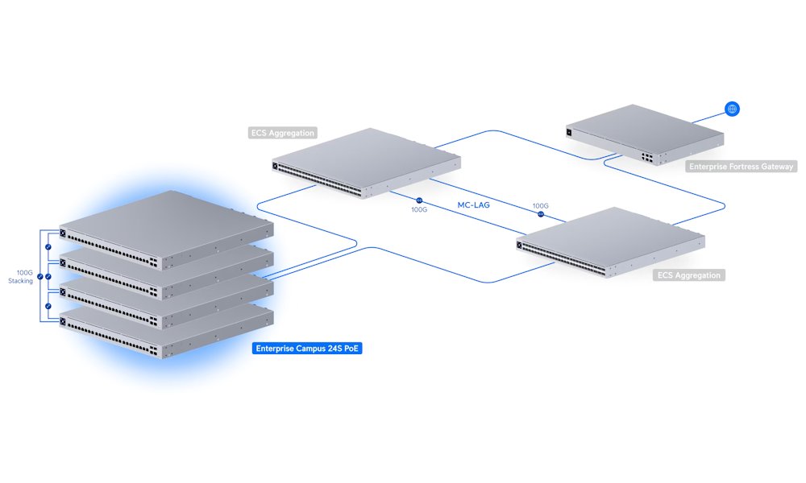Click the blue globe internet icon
[x=732, y=109]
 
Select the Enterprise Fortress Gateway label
[x=741, y=167]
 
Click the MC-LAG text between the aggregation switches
[x=475, y=205]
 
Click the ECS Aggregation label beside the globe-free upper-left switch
[x=283, y=133]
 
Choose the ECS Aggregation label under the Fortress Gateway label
[x=688, y=275]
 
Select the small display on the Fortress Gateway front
[x=570, y=131]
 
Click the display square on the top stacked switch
[x=63, y=234]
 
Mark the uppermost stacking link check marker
[x=48, y=246]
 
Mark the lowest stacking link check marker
[x=48, y=307]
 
